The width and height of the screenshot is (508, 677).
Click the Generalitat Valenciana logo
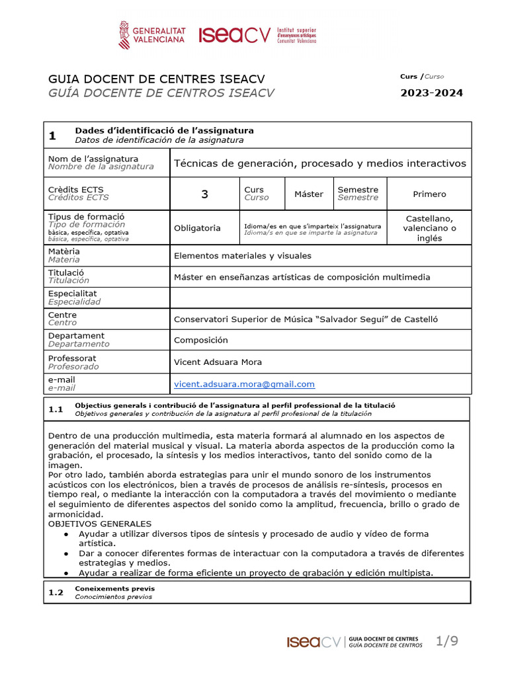click(x=151, y=34)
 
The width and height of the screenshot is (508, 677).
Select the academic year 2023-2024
click(x=431, y=93)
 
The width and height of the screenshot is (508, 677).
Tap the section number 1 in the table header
click(x=52, y=136)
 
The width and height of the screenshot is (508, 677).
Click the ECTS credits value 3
click(x=204, y=194)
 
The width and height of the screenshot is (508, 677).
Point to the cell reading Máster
click(x=309, y=194)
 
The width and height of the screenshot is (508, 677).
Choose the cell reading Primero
click(x=429, y=194)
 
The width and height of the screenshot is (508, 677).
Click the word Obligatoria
click(x=197, y=228)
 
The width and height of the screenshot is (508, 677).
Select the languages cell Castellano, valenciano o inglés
click(x=429, y=228)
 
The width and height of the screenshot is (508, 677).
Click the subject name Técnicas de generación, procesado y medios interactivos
click(x=319, y=163)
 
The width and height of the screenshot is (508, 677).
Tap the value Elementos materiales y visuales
click(x=242, y=256)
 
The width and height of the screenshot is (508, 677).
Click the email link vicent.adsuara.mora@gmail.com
click(x=244, y=384)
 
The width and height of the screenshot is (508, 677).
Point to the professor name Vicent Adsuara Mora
click(x=218, y=362)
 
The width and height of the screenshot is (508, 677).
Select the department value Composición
click(x=200, y=340)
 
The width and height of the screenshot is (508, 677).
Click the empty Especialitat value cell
click(x=320, y=298)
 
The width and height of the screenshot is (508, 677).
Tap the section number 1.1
click(x=56, y=409)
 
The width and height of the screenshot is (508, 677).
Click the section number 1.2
click(x=56, y=592)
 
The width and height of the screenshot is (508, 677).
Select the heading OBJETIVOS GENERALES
click(x=100, y=524)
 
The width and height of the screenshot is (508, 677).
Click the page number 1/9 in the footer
click(x=446, y=641)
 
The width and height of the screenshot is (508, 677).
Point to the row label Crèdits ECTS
click(x=76, y=190)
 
